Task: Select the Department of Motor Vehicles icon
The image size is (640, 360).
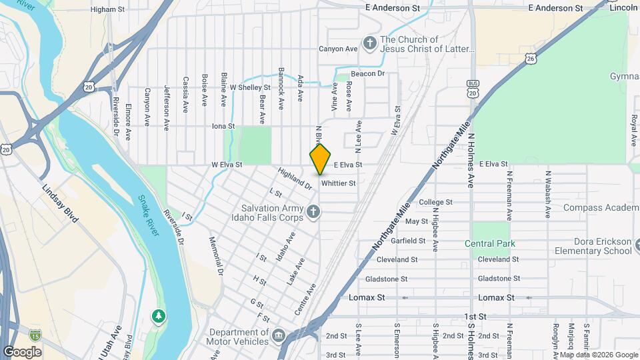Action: click(x=279, y=333)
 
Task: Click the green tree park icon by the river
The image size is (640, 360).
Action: click(x=158, y=314)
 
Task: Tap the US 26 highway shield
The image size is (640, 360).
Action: click(x=530, y=59)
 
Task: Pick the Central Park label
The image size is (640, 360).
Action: click(x=494, y=244)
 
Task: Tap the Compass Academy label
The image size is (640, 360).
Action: click(x=600, y=208)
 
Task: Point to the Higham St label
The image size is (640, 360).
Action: click(x=107, y=10)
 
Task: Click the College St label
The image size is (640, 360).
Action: click(x=435, y=202)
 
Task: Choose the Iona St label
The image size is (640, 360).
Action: click(x=223, y=126)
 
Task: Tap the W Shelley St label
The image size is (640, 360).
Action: click(x=250, y=87)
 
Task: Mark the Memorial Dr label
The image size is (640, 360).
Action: click(x=215, y=256)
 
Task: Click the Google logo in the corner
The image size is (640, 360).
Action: click(x=22, y=351)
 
